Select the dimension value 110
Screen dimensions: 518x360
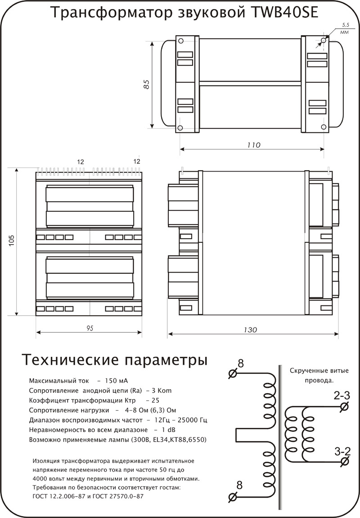tap(254, 145)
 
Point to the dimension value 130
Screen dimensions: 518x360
tap(252, 330)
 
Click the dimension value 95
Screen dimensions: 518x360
tap(90, 328)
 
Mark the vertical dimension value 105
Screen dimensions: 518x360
tap(12, 242)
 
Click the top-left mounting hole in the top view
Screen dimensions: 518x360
tap(180, 41)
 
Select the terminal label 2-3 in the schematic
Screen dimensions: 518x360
tap(342, 396)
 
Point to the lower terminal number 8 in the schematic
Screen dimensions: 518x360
tap(239, 485)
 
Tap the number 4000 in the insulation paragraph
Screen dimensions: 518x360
tap(42, 479)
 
